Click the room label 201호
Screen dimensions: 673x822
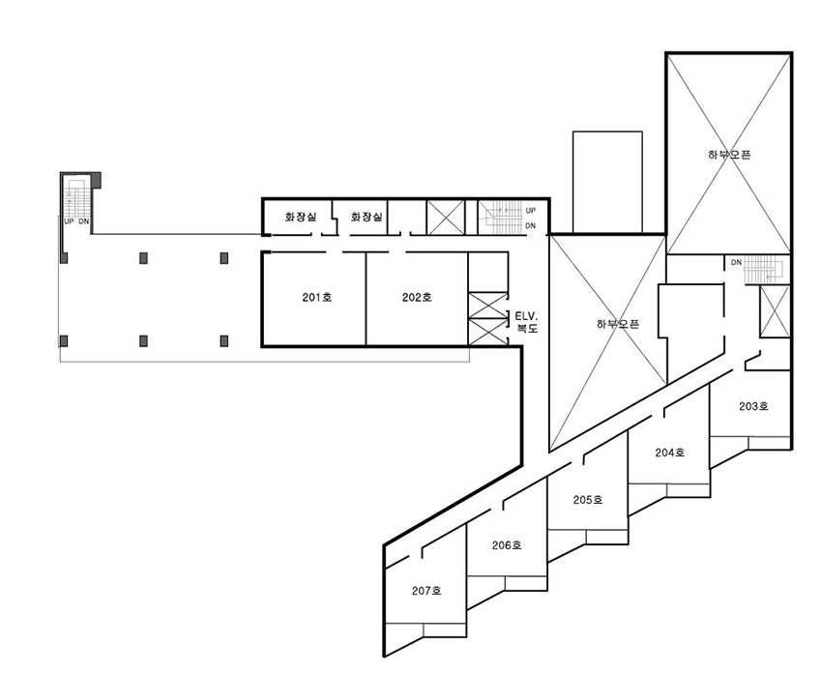(316, 298)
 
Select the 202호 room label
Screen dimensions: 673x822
(417, 298)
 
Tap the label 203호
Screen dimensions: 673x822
(753, 406)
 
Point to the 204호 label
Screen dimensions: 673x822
(669, 453)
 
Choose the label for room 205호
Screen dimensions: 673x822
(587, 500)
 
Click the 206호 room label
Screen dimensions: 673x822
(506, 545)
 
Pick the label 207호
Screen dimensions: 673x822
(426, 591)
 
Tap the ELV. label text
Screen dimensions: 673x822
(527, 315)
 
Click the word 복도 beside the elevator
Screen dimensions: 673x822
(527, 329)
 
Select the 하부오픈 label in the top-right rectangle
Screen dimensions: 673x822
(729, 154)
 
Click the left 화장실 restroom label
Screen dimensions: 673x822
(301, 218)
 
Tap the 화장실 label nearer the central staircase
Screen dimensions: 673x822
(367, 218)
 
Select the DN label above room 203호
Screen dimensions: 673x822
(736, 262)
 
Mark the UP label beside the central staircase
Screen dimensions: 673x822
(530, 210)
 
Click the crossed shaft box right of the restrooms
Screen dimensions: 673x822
(446, 217)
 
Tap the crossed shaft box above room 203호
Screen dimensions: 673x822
(776, 311)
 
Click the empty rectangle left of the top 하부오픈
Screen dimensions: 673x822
(607, 182)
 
